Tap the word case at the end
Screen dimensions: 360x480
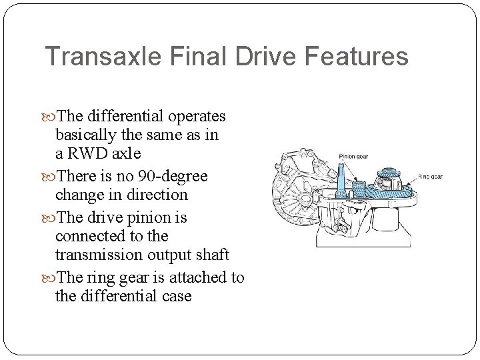tap(176, 296)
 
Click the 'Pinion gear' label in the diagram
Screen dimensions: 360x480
tap(353, 157)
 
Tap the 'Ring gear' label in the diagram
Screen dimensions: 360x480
tap(430, 177)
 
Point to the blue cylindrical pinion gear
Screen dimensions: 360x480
tap(360, 191)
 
